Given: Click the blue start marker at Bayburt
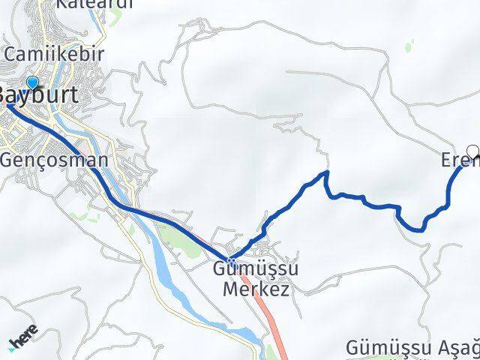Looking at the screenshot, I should coord(32,83).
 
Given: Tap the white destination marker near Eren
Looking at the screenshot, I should coord(472,149).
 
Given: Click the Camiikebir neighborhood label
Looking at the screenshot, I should coord(53,54).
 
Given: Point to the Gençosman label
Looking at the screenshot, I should coord(54,160).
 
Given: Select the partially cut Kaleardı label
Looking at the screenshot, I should coord(94,4).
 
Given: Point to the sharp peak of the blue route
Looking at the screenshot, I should coord(326,173).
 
